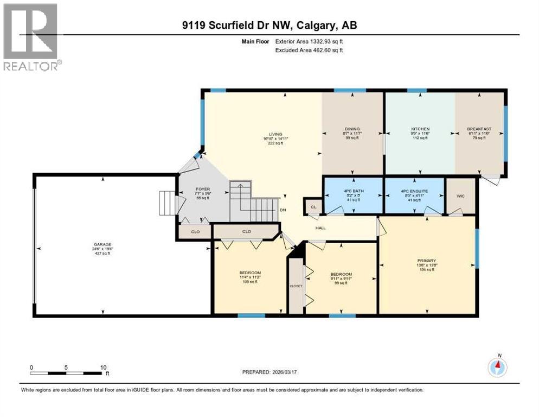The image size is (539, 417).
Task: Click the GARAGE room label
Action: coord(102,244)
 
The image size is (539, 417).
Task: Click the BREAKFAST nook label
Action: coord(479,129)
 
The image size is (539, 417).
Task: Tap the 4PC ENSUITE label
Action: coord(414,190)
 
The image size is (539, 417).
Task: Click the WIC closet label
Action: coord(460,197)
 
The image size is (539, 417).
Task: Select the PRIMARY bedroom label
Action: coord(426,261)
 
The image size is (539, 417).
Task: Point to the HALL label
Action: coord(320,228)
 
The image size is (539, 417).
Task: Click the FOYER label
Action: coord(202,190)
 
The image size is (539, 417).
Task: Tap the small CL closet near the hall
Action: coord(313,207)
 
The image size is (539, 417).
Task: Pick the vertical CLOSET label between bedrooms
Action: coord(296,286)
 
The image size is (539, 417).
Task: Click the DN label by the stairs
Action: coord(283,210)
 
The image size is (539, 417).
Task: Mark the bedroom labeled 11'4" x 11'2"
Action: coord(250,273)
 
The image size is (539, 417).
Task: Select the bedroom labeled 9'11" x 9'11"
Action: coord(341,274)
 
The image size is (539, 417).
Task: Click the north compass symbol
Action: coord(497,367)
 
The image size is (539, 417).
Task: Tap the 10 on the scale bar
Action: coord(103,367)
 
